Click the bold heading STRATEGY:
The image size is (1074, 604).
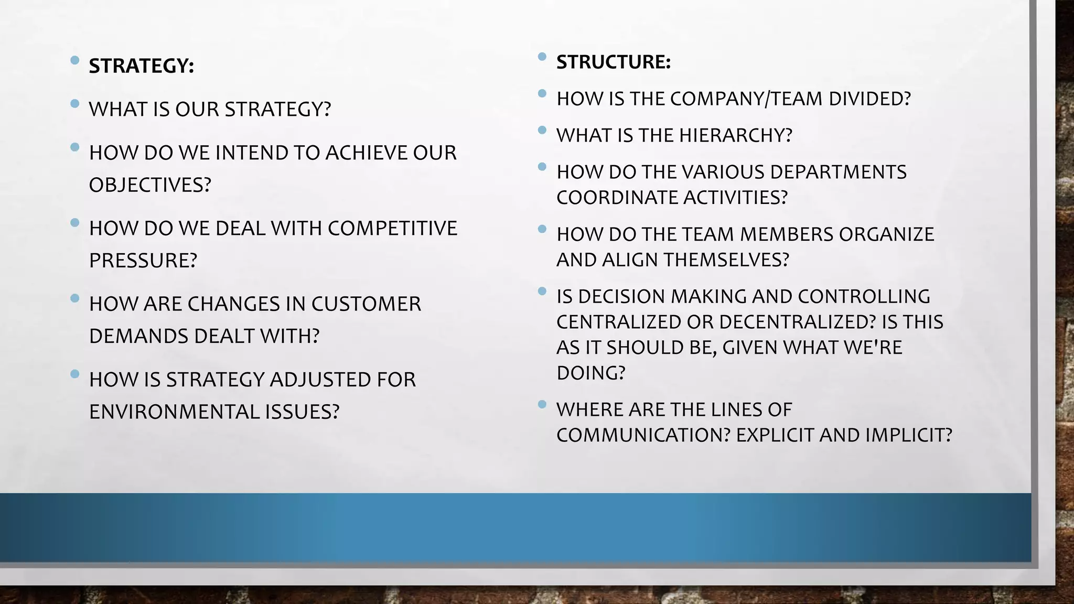tap(141, 66)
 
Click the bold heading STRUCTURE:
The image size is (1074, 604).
tap(613, 62)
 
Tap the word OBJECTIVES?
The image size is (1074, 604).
tap(149, 185)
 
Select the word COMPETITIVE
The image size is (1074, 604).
tap(392, 229)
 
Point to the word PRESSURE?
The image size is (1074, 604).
tap(143, 261)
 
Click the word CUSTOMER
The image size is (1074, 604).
tap(366, 304)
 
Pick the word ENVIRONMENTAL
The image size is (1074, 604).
tap(174, 412)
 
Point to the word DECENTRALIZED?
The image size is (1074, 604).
tap(797, 322)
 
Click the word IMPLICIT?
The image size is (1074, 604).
tap(908, 435)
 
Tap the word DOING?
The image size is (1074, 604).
tap(590, 373)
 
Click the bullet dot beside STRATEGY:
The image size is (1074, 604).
tap(75, 60)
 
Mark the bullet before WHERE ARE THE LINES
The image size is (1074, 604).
tap(542, 404)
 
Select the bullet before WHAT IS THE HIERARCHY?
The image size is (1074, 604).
tap(542, 130)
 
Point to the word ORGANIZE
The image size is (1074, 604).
tap(886, 234)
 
